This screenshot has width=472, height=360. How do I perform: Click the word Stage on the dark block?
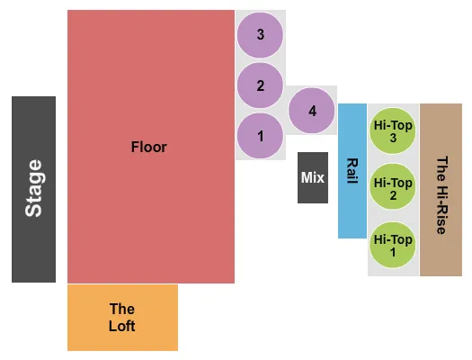[34, 188]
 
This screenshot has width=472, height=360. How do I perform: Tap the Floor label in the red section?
[149, 147]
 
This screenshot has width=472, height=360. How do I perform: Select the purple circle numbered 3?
[260, 35]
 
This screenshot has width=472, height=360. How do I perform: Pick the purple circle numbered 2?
[260, 86]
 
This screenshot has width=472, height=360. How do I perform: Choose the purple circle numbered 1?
[260, 137]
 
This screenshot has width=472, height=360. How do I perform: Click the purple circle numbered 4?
[312, 112]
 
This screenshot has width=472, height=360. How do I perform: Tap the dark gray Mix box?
[313, 177]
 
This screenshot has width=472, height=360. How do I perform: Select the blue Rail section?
[352, 171]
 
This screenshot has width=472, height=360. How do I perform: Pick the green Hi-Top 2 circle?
[394, 189]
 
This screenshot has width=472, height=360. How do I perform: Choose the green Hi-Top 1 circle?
[394, 246]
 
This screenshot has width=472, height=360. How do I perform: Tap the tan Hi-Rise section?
[441, 190]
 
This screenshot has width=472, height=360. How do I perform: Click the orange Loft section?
[122, 318]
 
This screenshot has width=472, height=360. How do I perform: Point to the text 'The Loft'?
[122, 318]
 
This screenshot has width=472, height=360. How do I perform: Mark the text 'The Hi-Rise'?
[441, 195]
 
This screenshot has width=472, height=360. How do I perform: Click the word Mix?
[313, 177]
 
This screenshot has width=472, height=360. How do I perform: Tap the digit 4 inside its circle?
[312, 112]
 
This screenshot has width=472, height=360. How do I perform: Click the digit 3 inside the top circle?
[260, 35]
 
